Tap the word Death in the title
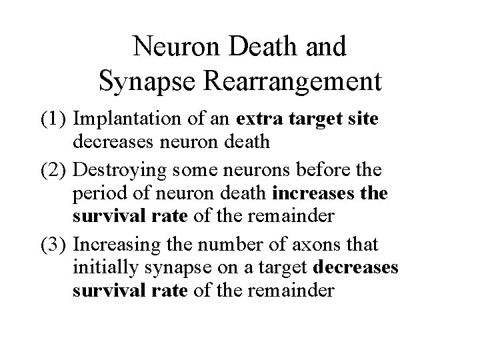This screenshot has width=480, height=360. (263, 46)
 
